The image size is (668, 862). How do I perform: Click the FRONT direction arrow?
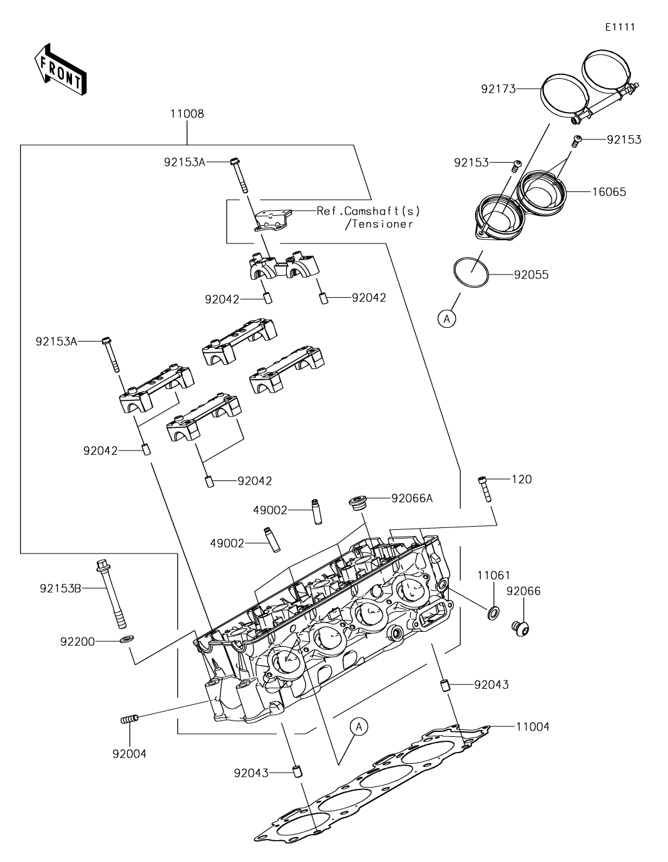point(59,69)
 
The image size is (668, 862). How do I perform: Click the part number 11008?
point(187,114)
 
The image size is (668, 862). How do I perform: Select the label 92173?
point(498,89)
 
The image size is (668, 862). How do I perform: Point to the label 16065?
point(609,191)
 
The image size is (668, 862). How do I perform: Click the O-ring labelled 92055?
point(471,273)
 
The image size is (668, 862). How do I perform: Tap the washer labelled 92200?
point(126,640)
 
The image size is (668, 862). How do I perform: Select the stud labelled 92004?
point(128,721)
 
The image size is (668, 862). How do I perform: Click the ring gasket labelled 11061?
point(493,611)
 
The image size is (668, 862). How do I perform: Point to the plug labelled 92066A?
point(357,503)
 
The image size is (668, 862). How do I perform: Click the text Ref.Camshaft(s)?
point(369,211)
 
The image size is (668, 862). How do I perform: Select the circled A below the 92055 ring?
point(446,319)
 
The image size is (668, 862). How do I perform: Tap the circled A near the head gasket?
point(359,726)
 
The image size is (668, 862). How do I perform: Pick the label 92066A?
point(412,499)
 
